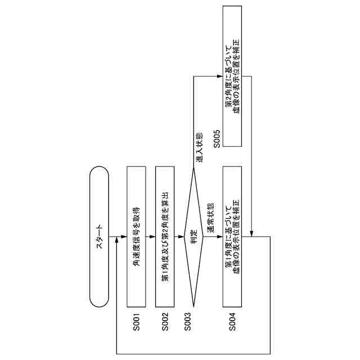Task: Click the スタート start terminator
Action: (99, 236)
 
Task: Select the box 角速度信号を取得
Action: (136, 236)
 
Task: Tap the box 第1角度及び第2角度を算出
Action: (165, 236)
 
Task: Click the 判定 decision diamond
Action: (193, 236)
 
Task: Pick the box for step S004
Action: (232, 236)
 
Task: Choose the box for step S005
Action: (232, 76)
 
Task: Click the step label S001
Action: (136, 322)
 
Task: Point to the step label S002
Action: (165, 322)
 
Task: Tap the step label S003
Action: (187, 322)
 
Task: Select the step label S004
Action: (232, 322)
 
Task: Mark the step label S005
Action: (217, 139)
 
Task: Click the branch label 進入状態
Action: (199, 147)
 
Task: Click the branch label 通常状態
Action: (210, 218)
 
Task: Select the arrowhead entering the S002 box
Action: (152, 236)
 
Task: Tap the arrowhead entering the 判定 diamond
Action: (181, 236)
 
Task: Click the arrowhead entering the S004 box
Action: (220, 236)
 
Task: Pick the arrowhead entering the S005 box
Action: (220, 76)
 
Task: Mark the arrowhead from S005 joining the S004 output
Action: (251, 233)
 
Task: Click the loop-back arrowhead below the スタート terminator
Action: (117, 240)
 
